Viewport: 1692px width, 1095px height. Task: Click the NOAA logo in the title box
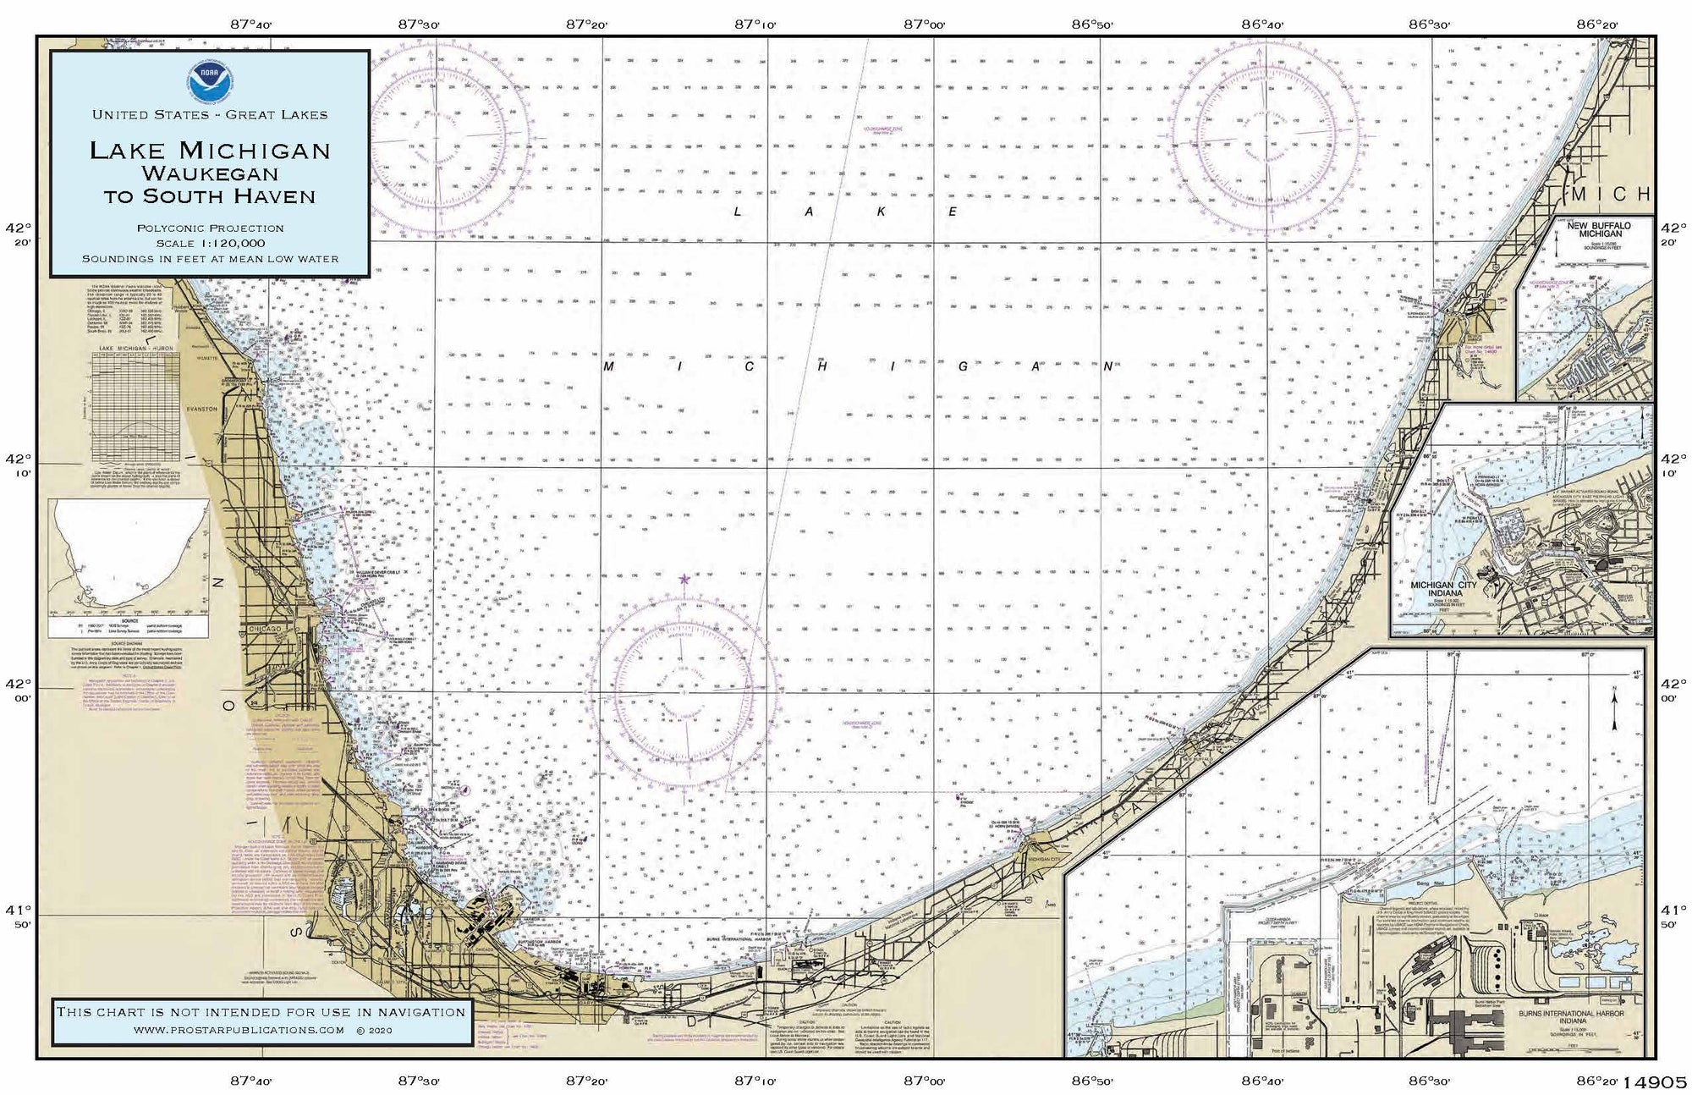point(209,79)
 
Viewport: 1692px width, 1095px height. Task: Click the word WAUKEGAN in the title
point(210,173)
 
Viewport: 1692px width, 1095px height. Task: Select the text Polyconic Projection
point(210,228)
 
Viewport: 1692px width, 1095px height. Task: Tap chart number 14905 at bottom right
point(1662,1082)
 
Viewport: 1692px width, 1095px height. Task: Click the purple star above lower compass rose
point(684,580)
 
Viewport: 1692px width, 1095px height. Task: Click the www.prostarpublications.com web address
point(239,1030)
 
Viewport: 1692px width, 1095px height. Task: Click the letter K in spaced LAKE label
point(880,212)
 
